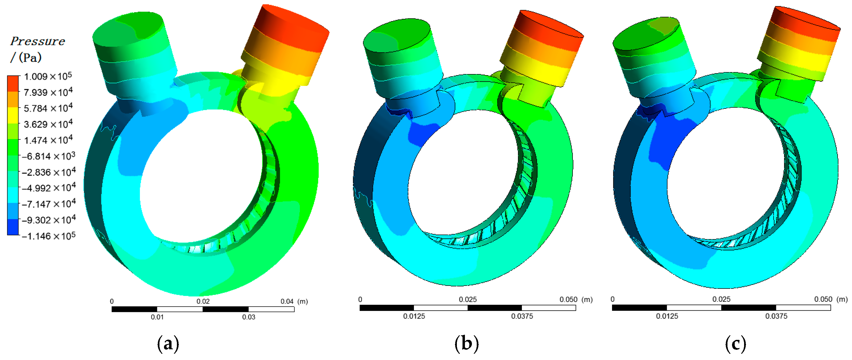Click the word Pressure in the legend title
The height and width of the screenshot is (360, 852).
coord(37,41)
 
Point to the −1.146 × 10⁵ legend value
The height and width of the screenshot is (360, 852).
coord(49,236)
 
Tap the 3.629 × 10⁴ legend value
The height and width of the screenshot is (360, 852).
coord(48,124)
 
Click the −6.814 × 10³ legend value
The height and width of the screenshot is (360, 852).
coord(49,156)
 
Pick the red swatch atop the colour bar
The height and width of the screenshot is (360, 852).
coord(13,83)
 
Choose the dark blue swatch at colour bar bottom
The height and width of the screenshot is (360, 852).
coord(13,227)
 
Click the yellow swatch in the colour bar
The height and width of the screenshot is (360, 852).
coord(13,115)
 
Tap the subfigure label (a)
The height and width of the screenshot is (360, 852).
coord(168,343)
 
